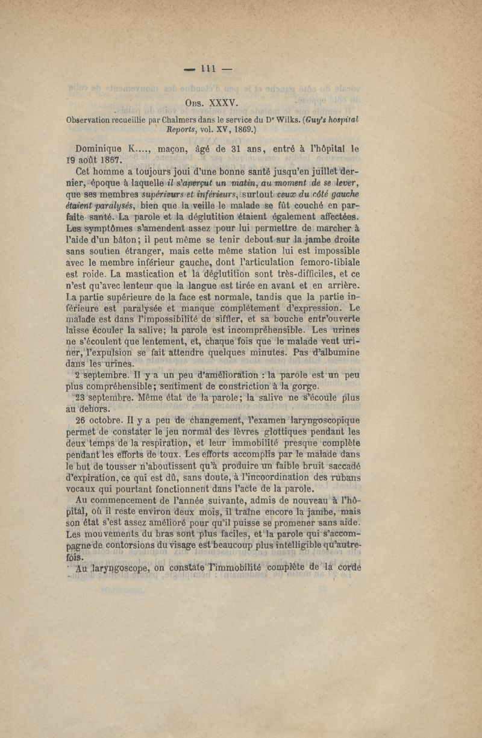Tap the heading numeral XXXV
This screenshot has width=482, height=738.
(224, 102)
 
